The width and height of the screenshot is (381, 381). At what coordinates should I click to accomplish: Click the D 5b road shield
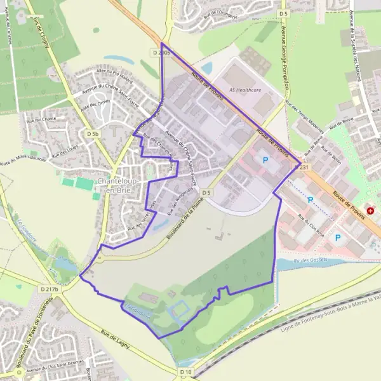93,134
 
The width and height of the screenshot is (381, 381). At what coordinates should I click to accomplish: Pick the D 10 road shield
185,371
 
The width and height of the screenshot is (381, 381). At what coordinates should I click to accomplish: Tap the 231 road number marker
304,168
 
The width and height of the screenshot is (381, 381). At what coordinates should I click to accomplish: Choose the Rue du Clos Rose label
311,229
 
